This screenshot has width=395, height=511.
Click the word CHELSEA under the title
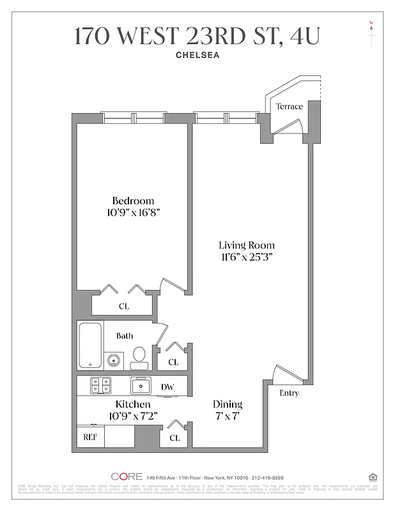197,55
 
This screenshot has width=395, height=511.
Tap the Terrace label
289,107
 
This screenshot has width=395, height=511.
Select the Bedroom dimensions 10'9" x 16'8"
132,212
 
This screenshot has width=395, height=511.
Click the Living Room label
246,245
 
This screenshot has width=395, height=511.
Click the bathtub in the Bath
89,345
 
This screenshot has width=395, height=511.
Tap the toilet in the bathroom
139,357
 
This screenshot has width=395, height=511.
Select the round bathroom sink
114,360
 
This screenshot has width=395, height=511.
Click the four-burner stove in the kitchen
100,385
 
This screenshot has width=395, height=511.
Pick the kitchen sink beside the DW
141,385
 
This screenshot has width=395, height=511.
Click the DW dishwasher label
167,386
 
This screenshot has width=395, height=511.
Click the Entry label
289,393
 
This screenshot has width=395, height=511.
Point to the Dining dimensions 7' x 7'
227,416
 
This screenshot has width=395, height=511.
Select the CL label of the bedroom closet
123,307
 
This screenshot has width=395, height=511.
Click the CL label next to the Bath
173,362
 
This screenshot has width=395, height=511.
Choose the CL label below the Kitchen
174,438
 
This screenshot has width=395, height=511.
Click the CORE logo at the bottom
126,477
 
